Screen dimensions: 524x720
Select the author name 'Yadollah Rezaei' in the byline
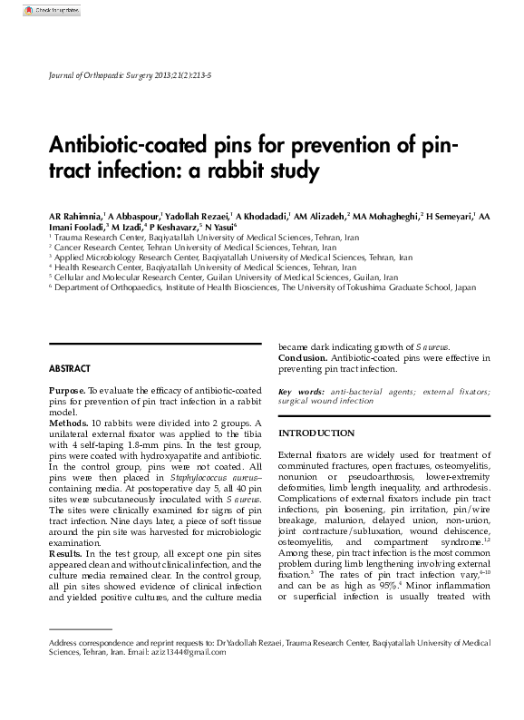[197, 216]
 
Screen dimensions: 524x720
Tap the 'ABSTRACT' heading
[69, 368]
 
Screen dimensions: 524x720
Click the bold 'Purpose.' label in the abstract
[67, 389]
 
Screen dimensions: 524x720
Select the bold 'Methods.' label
[68, 423]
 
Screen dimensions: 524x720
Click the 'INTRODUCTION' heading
[316, 433]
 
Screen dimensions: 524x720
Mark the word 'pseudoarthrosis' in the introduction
[364, 475]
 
